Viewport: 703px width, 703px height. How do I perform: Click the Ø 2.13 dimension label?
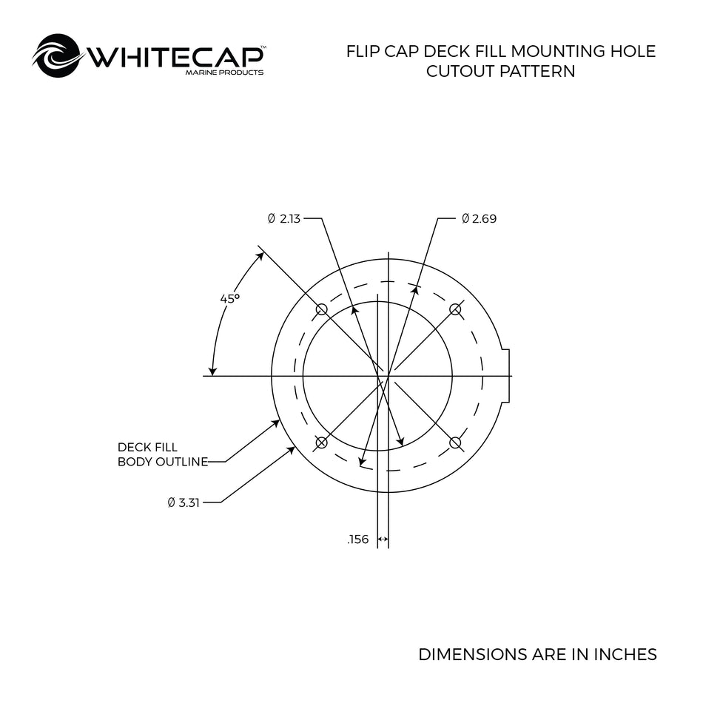pos(284,219)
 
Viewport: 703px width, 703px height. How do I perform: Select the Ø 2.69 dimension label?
pos(480,219)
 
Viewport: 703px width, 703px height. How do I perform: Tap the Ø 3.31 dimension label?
pos(184,502)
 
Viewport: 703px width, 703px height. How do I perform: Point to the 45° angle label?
pos(230,299)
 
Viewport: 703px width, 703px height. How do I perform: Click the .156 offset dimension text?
pos(357,539)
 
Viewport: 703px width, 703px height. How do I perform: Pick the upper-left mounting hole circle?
pos(321,309)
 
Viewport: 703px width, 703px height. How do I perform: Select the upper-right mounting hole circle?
pos(455,309)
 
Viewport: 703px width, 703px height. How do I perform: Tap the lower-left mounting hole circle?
pos(321,443)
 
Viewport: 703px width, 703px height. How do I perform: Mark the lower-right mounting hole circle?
pos(455,443)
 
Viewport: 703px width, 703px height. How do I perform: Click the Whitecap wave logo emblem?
pos(58,55)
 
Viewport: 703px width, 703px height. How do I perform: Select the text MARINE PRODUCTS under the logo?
pos(225,73)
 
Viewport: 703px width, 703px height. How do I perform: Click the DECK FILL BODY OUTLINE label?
pos(163,454)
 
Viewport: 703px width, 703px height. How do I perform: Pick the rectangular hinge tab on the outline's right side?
pos(505,376)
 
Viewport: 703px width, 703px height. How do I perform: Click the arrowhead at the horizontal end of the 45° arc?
pos(213,371)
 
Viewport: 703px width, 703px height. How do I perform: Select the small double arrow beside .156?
pos(383,539)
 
